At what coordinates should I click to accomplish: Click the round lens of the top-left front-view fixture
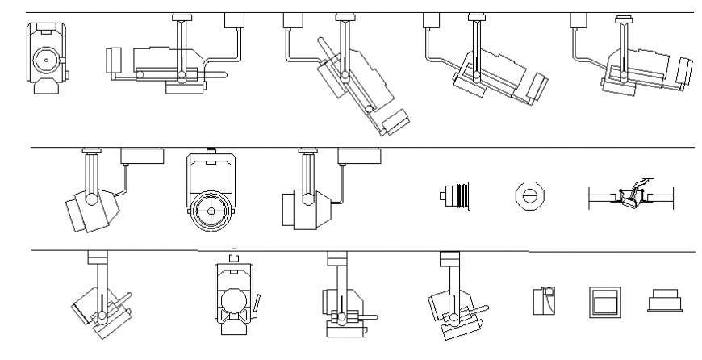(45, 59)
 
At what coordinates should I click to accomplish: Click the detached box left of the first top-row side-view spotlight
(113, 59)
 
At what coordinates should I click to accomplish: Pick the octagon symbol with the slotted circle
(528, 195)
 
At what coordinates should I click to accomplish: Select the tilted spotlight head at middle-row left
(90, 208)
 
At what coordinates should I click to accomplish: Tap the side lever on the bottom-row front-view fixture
(258, 305)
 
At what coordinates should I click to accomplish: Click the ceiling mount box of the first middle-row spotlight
(142, 156)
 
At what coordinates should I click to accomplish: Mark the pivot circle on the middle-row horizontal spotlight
(307, 196)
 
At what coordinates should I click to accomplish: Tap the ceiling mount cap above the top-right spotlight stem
(623, 17)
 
